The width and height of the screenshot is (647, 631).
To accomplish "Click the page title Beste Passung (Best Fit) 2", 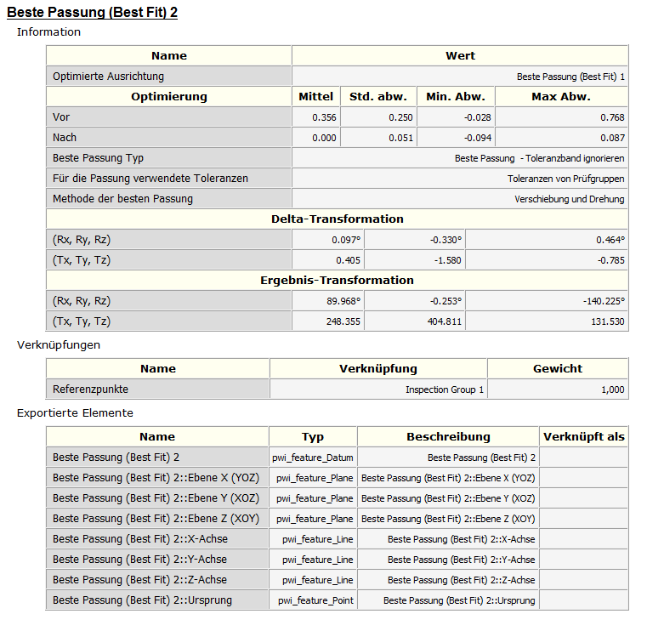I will (x=92, y=13).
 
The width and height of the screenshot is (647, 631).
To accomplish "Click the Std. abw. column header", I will (x=378, y=97).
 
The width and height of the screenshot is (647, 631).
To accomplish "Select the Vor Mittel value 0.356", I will (x=324, y=117).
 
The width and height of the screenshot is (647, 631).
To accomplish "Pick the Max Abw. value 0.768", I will (x=612, y=117).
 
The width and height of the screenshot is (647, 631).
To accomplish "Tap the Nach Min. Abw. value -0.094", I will (x=476, y=138).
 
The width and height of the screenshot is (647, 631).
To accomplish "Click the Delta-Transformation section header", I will (x=337, y=219).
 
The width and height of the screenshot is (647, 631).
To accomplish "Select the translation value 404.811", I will (x=443, y=321).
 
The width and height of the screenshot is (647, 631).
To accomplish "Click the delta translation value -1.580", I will (x=446, y=260).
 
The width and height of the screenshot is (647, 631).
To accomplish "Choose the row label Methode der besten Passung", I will (x=122, y=199).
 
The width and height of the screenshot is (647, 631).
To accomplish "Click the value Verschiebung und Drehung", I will (x=569, y=199).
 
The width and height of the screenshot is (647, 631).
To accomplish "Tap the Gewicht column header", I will (x=558, y=369).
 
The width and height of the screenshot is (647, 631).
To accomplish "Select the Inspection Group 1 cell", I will (x=445, y=389).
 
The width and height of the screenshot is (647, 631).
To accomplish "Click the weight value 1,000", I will (x=610, y=389).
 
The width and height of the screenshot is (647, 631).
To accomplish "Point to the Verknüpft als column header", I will (x=583, y=437).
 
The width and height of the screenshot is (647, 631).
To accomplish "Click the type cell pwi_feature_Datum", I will (x=314, y=458).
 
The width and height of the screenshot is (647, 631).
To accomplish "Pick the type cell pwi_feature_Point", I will (x=315, y=600).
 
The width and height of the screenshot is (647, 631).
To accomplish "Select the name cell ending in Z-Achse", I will (x=140, y=580).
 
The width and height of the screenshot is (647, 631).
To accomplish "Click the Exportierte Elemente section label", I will (x=75, y=413).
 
